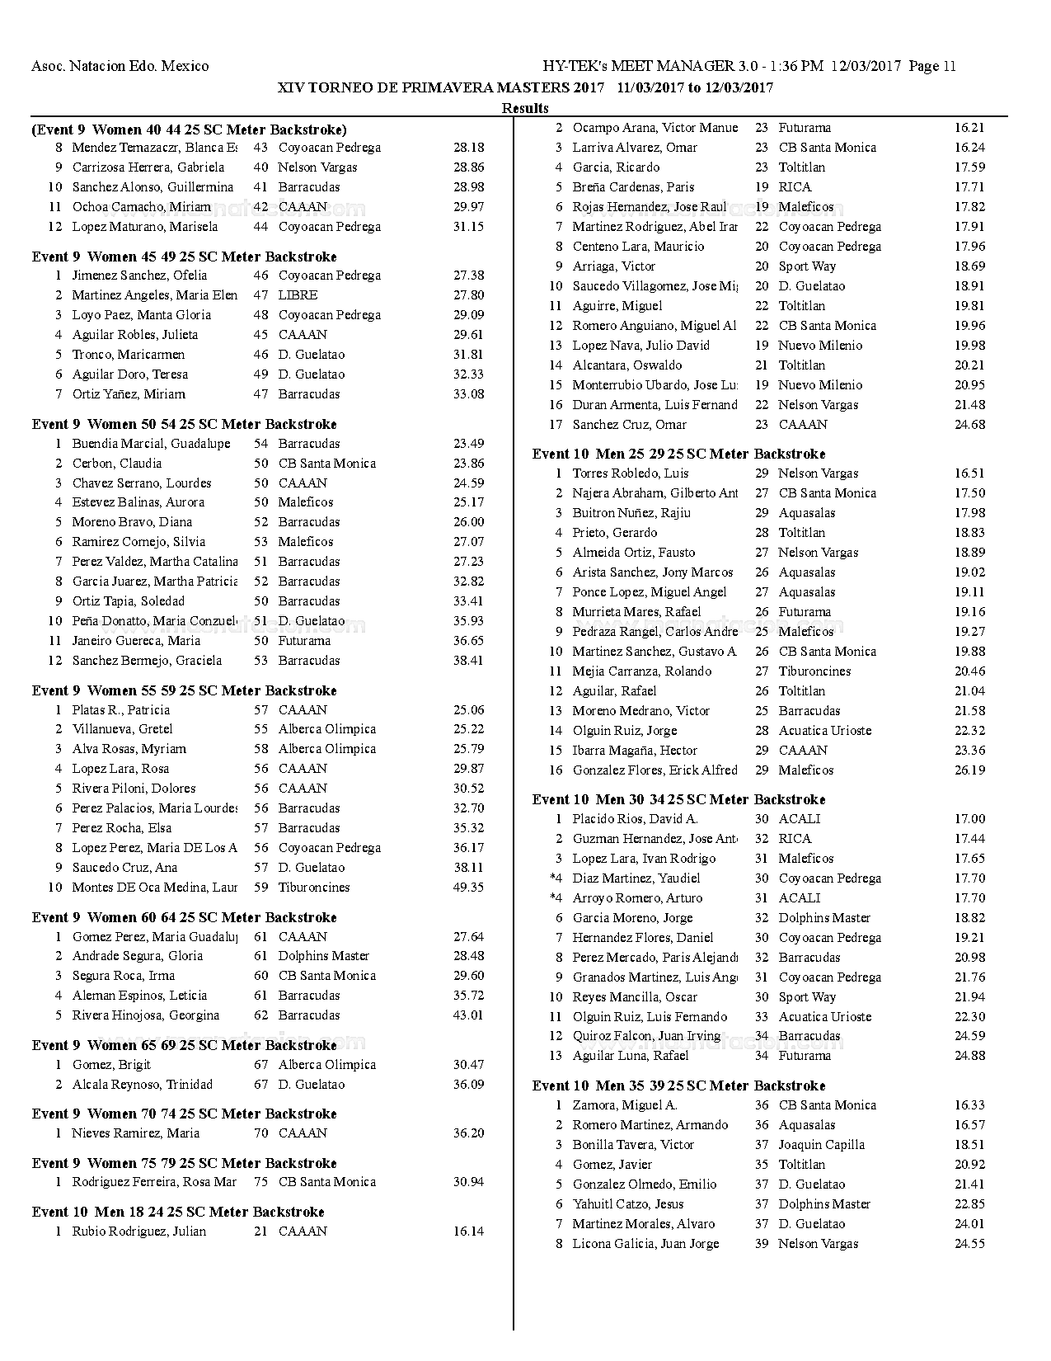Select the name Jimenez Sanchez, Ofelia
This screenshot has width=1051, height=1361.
[139, 275]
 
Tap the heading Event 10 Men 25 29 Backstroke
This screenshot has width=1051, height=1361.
[678, 454]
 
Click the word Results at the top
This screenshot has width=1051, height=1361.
[525, 108]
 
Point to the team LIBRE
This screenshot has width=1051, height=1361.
[298, 295]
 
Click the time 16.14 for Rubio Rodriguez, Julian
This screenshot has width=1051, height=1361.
[468, 1231]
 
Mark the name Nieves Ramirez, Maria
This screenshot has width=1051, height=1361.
[135, 1133]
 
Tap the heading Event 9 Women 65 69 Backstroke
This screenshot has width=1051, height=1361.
[184, 1045]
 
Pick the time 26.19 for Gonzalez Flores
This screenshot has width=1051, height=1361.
[969, 770]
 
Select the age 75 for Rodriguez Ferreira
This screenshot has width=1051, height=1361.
[260, 1182]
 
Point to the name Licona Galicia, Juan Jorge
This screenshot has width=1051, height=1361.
[645, 1244]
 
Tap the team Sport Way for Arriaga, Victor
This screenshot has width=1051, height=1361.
[807, 266]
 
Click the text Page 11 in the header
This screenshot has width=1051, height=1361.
[932, 67]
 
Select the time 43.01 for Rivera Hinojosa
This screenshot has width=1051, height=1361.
[468, 1015]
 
